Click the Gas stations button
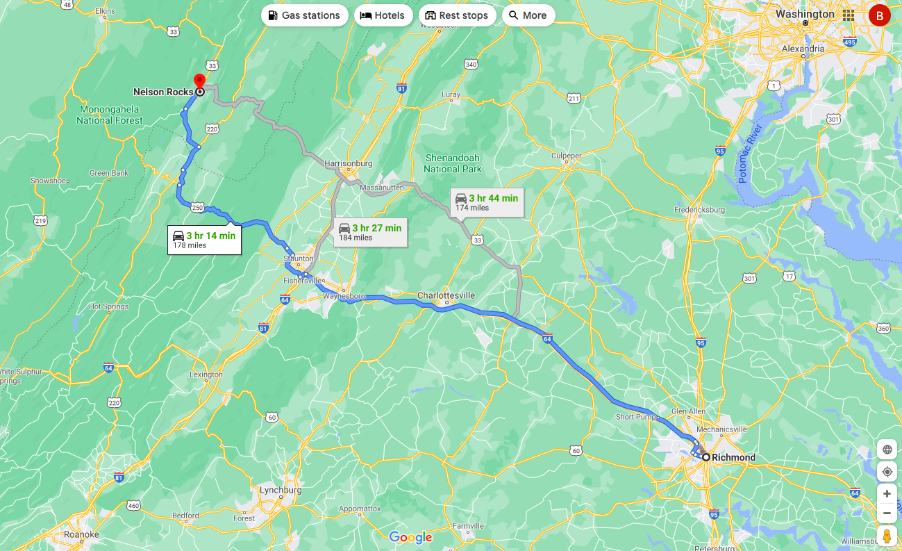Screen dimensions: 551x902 (304, 15)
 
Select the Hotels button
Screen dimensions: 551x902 (383, 15)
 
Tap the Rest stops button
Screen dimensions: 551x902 (457, 15)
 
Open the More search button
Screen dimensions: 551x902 (528, 15)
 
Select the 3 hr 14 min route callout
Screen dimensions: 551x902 (204, 240)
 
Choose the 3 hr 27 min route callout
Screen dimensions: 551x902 (370, 232)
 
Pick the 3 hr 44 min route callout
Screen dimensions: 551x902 (487, 202)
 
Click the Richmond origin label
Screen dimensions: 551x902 (733, 457)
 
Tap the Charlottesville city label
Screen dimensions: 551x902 (446, 296)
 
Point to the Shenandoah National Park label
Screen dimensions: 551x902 (452, 163)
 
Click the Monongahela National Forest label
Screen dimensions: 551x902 (110, 115)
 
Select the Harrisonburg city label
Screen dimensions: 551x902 (348, 163)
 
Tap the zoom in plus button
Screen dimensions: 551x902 (887, 494)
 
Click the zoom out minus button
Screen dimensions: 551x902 (887, 513)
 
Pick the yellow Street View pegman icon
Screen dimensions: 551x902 (887, 536)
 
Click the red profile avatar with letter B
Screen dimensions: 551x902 (880, 15)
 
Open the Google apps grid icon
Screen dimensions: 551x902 (849, 15)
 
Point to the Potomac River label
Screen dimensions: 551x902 (751, 154)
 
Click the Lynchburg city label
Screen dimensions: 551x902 (281, 490)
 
